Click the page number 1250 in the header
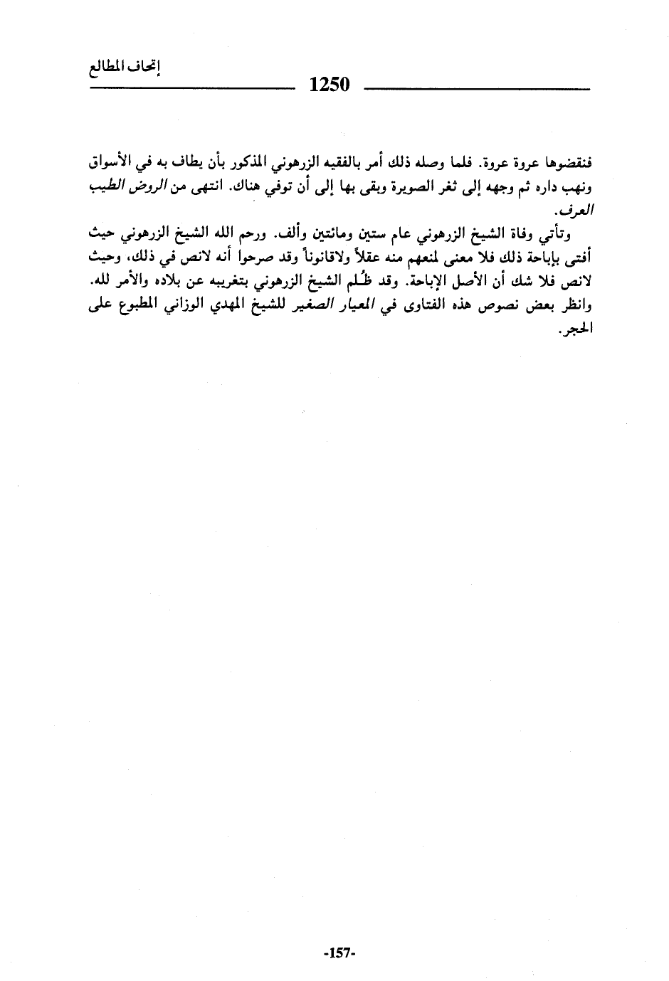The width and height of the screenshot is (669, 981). pos(330,86)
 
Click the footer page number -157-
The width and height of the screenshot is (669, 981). pos(338,952)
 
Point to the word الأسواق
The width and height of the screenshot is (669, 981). pos(110,165)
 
